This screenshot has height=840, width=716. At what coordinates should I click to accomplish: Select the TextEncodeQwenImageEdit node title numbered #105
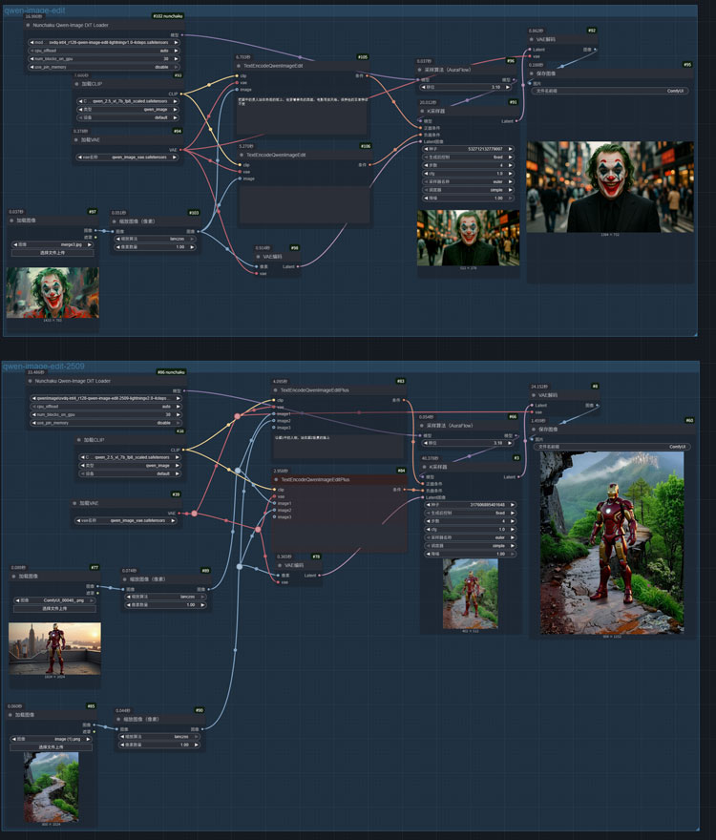286,66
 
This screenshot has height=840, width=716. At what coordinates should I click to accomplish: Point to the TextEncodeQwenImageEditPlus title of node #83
310,389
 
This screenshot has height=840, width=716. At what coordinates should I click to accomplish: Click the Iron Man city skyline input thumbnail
54,649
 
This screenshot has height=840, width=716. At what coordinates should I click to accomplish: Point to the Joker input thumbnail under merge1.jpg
52,293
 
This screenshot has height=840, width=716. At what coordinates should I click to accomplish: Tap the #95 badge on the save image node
687,65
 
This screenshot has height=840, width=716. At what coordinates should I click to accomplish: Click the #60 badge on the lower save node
688,420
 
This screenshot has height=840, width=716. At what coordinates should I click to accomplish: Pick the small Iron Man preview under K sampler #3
470,592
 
